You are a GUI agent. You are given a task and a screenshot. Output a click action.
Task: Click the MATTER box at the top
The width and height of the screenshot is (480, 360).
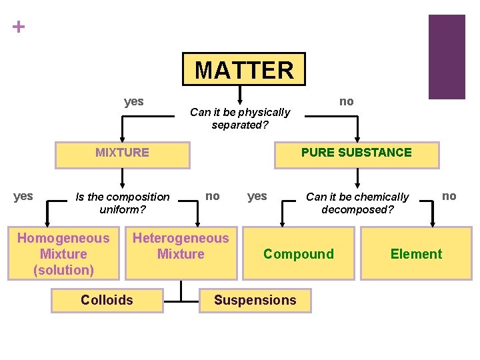coord(244,69)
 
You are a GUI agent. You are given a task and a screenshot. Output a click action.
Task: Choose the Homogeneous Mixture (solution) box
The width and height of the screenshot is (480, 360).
coord(63,253)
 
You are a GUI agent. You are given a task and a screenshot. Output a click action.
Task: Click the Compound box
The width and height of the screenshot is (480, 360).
coord(299,253)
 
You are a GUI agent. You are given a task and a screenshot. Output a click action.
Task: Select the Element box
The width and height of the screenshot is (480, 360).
coord(416,253)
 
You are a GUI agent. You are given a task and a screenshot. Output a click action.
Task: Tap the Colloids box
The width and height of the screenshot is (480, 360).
coord(107,300)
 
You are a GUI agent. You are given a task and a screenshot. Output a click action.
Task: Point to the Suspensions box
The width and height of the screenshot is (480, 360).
coord(255,300)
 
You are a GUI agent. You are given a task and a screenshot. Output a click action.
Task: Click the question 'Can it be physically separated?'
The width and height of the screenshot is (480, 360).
coord(240,118)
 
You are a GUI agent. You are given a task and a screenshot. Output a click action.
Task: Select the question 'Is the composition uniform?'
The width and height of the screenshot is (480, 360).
coord(123,203)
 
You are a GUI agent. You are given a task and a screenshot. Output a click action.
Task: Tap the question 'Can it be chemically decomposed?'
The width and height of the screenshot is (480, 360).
coord(357,203)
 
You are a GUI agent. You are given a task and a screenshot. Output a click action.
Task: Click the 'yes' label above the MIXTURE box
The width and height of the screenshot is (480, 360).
coord(134,101)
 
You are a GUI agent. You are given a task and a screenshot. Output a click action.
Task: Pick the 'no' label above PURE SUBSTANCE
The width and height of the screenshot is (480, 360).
coord(347,101)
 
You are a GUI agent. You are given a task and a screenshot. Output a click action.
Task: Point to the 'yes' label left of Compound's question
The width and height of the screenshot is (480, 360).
coord(257,196)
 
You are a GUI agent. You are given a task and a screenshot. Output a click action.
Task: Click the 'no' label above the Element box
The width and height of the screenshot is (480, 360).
coord(449,196)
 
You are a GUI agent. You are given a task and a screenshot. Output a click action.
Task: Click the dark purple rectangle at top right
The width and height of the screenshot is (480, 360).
coord(446,57)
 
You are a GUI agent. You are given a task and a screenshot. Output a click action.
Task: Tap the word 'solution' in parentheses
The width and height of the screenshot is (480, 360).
coord(63,270)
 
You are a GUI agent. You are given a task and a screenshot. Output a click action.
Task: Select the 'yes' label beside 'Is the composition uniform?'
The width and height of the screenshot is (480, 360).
coord(23,196)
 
